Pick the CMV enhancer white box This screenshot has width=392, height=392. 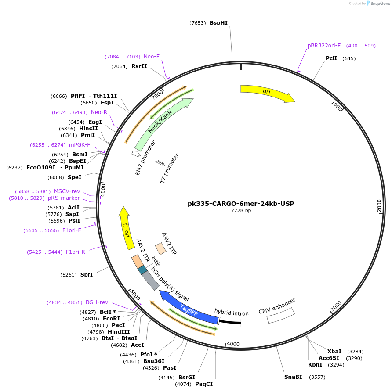click(x=281, y=316)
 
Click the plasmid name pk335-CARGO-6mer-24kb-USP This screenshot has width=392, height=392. click(x=241, y=204)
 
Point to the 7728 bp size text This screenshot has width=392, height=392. click(x=241, y=211)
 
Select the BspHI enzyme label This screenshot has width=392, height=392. click(x=218, y=23)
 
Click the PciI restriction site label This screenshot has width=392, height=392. click(x=331, y=58)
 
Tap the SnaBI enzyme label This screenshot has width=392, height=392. click(x=293, y=377)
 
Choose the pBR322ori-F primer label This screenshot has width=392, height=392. click(x=324, y=46)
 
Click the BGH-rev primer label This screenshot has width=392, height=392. click(x=97, y=302)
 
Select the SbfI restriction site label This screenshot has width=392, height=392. click(x=87, y=275)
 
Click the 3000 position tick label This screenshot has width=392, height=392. click(x=336, y=306)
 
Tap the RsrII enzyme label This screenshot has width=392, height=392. click(x=139, y=66)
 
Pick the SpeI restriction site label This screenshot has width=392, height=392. click(x=74, y=177)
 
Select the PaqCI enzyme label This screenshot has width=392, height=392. click(x=204, y=384)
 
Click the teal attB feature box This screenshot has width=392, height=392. click(x=142, y=270)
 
